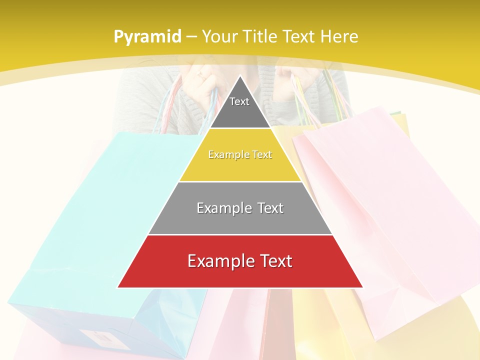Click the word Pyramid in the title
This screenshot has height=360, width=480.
tap(147, 37)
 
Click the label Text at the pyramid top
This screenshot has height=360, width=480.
tap(239, 101)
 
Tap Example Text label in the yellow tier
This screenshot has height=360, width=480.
tap(240, 154)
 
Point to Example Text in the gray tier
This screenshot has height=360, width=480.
tap(240, 208)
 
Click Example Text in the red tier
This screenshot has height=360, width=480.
tap(240, 261)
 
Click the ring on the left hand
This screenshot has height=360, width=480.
tap(199, 76)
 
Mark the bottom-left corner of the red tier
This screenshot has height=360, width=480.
tap(118, 287)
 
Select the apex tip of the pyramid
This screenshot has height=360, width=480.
tap(240, 76)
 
